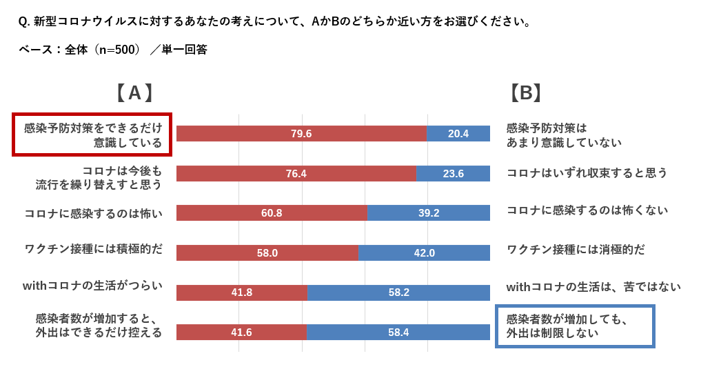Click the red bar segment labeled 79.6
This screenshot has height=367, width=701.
[301, 134]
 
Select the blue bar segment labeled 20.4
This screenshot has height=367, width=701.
[458, 134]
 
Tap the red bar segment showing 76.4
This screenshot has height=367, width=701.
[296, 174]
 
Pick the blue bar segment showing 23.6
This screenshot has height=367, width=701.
[453, 174]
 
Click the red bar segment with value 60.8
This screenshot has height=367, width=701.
[272, 213]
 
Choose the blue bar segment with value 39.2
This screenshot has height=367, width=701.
[429, 213]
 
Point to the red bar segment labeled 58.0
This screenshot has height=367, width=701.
[267, 253]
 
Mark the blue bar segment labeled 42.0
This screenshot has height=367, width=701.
[424, 253]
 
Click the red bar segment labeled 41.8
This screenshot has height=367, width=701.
[241, 292]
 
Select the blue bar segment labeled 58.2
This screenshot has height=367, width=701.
[398, 292]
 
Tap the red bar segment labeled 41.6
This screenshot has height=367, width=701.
[241, 333]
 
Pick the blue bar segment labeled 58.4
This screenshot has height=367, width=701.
[398, 333]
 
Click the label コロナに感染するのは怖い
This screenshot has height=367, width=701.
[93, 213]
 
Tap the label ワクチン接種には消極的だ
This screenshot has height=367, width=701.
[576, 249]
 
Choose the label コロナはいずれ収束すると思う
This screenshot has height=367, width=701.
[587, 173]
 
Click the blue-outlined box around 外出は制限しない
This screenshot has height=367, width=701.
[575, 326]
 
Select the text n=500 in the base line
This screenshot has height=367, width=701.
[116, 50]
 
